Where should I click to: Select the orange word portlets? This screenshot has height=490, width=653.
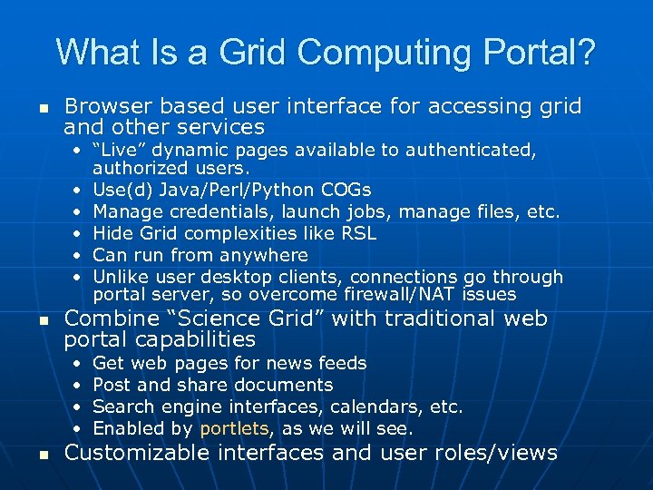(x=234, y=428)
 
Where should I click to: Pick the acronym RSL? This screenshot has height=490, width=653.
(x=357, y=233)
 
